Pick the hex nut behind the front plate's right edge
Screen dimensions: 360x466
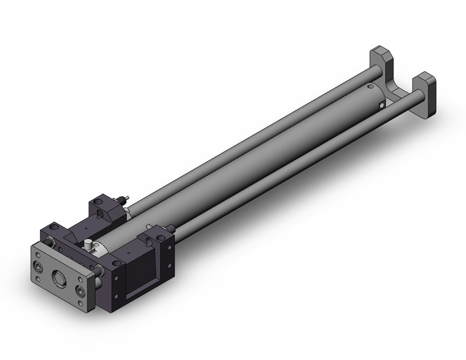tap(99, 270)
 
